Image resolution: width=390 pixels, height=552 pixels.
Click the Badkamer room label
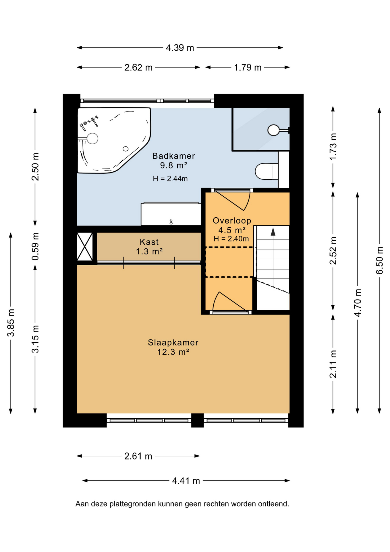173,156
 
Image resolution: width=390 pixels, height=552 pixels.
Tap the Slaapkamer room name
173,342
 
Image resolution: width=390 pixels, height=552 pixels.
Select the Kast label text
149,242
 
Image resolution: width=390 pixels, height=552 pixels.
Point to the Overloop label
232,221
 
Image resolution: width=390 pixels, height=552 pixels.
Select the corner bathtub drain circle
126,149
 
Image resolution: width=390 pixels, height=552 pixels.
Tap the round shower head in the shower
273,130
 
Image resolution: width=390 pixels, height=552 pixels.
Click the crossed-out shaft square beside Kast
85,247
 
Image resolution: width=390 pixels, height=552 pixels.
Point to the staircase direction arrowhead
273,232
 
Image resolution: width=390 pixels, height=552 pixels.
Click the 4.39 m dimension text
180,48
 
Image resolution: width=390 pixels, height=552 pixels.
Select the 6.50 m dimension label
380,260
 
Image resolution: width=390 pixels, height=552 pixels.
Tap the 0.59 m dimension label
35,247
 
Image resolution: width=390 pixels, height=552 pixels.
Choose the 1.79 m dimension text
248,68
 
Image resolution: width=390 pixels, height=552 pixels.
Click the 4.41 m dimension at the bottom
186,481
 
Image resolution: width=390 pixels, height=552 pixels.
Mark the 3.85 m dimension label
11,323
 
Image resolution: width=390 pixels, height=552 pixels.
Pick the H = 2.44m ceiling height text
170,179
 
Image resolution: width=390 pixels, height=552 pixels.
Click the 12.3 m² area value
173,352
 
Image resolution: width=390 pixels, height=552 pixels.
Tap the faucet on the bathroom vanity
171,222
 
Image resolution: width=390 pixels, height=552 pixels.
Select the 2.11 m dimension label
333,364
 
